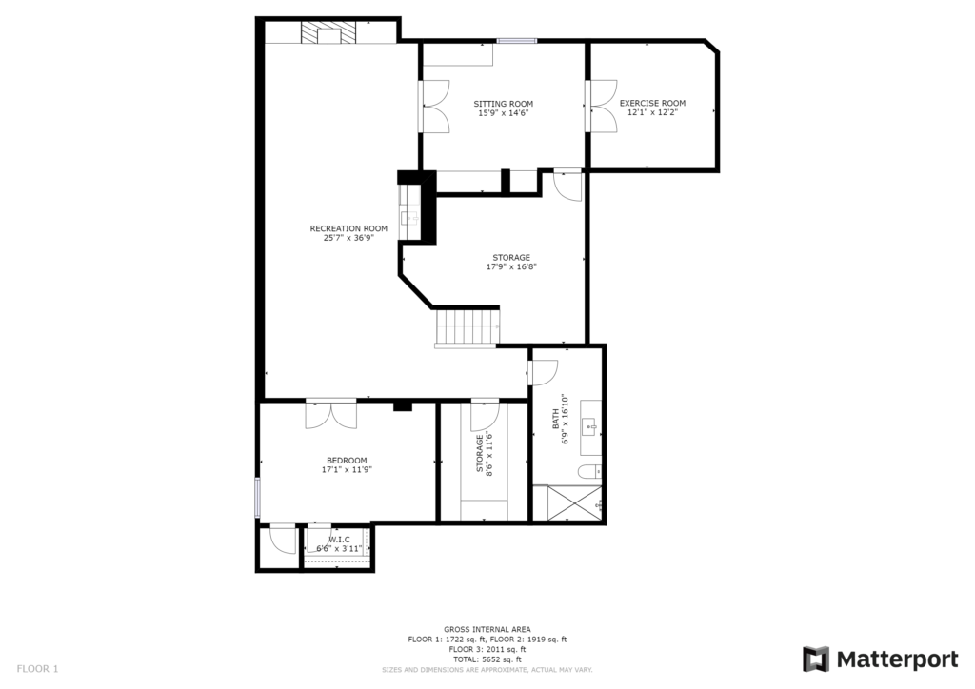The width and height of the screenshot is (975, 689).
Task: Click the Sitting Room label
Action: [503, 104]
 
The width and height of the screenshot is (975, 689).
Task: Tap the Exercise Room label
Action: [652, 103]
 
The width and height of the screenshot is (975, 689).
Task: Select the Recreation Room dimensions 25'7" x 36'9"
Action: [348, 238]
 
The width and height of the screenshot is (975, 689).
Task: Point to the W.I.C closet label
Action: [339, 540]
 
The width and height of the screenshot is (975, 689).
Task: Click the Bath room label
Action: [556, 419]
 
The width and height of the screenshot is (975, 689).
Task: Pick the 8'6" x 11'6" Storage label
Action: [485, 454]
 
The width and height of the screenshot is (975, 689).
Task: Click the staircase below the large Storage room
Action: [467, 327]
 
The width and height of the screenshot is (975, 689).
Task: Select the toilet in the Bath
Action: [589, 472]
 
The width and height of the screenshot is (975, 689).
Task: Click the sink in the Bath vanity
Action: [589, 427]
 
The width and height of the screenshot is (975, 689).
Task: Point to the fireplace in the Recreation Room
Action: [329, 32]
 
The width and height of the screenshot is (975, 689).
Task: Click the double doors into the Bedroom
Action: [330, 415]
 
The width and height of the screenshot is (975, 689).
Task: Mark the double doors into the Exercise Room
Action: [602, 106]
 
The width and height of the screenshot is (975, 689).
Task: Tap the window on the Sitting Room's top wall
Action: [516, 41]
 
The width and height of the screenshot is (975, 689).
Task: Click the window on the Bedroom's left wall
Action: [257, 497]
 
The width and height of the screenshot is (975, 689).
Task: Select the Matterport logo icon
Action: [816, 659]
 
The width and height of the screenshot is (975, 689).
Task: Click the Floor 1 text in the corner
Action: [37, 669]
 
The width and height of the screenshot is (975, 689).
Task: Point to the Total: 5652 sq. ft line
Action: [487, 659]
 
